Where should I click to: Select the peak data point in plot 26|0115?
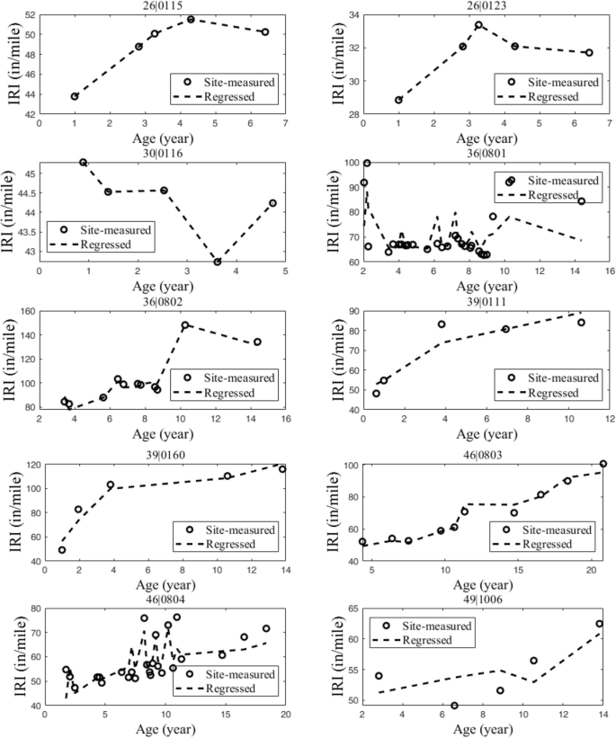point(191,19)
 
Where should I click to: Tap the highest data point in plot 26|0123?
point(478,25)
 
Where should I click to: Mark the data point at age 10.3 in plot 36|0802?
point(185,325)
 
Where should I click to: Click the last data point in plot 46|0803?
point(603,465)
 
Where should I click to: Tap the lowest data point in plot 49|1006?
point(454,706)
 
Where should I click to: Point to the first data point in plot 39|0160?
point(62,550)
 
